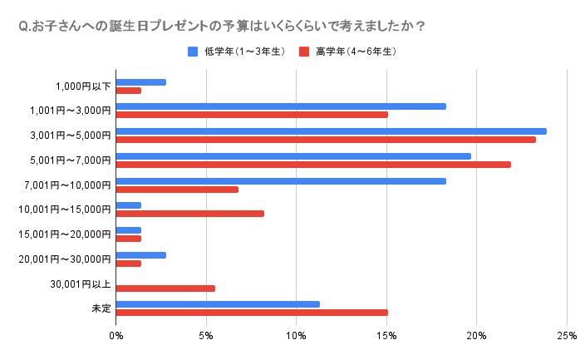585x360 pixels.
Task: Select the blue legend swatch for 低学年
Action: [x=193, y=52]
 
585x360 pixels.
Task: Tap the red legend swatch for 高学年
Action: [x=305, y=52]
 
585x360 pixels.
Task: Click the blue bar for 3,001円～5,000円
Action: [x=331, y=131]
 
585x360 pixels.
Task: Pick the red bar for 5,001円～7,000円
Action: [x=313, y=165]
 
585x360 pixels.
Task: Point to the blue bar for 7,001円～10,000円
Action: [x=281, y=181]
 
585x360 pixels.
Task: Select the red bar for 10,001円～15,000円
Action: [x=190, y=214]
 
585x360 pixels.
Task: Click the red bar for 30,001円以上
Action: [x=165, y=288]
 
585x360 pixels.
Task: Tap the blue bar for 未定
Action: [x=218, y=304]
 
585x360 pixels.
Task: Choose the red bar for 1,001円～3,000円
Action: [x=252, y=115]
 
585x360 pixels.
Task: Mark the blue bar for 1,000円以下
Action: [x=141, y=82]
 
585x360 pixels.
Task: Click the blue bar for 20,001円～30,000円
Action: [x=141, y=255]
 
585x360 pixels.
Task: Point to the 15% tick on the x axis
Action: [x=386, y=336]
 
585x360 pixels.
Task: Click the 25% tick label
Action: [x=567, y=336]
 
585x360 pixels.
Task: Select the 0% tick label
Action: [x=116, y=336]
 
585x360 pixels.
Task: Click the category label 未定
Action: [x=101, y=308]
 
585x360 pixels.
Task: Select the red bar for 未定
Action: [x=252, y=313]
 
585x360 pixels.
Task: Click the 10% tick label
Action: [x=297, y=336]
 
